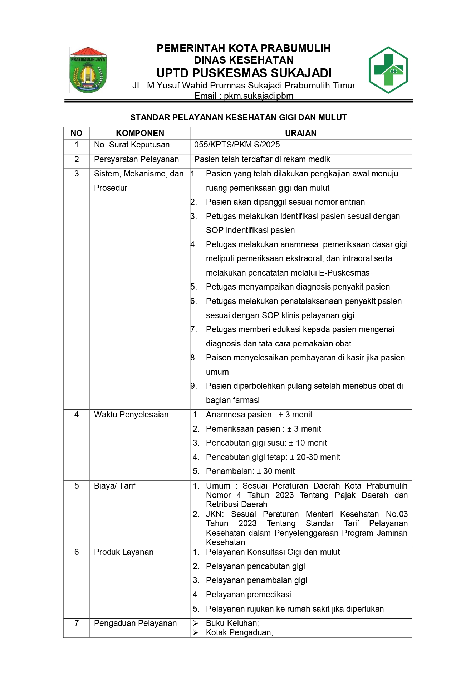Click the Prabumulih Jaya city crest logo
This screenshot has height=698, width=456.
coord(88,70)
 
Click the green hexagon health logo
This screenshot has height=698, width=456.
coord(388,70)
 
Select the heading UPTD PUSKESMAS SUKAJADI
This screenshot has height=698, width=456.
coord(244,73)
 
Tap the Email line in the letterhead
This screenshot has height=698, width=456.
coord(244,96)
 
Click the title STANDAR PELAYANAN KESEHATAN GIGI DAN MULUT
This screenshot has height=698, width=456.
coord(238,117)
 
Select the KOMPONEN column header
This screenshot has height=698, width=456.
coord(140,133)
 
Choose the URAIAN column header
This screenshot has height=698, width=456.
coord(300,133)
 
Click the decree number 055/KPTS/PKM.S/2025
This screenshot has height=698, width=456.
coord(237,145)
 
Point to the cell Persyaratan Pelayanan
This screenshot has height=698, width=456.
coord(136,159)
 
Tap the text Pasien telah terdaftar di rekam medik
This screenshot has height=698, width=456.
coord(262,159)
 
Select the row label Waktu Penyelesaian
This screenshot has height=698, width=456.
coord(131,415)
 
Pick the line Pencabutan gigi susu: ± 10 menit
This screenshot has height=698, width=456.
coord(266,443)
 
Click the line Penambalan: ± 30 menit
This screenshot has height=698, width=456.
coord(250,471)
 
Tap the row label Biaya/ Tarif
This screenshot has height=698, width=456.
coord(114,486)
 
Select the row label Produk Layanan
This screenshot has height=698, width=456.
coord(123,552)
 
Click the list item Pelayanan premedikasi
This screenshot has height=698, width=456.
coord(248,595)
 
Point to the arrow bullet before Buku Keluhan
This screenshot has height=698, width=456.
coord(196,623)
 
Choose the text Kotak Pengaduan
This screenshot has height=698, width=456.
coord(239,632)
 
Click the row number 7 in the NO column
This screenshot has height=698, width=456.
coord(77,623)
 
